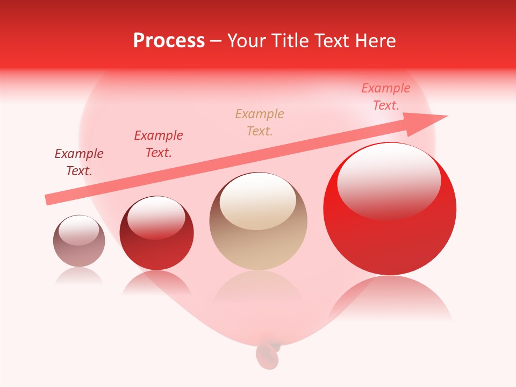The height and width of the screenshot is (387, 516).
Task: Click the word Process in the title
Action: pos(169,41)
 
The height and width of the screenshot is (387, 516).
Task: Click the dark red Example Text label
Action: pos(79,162)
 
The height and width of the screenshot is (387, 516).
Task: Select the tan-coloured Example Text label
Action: pos(260,122)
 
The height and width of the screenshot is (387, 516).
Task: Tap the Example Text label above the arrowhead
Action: pos(386,97)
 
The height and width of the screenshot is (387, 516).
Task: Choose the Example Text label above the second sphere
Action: pos(159,144)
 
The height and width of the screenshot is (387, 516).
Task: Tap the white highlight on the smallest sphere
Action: pos(78,230)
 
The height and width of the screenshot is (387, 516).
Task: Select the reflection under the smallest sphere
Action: pos(79,276)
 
